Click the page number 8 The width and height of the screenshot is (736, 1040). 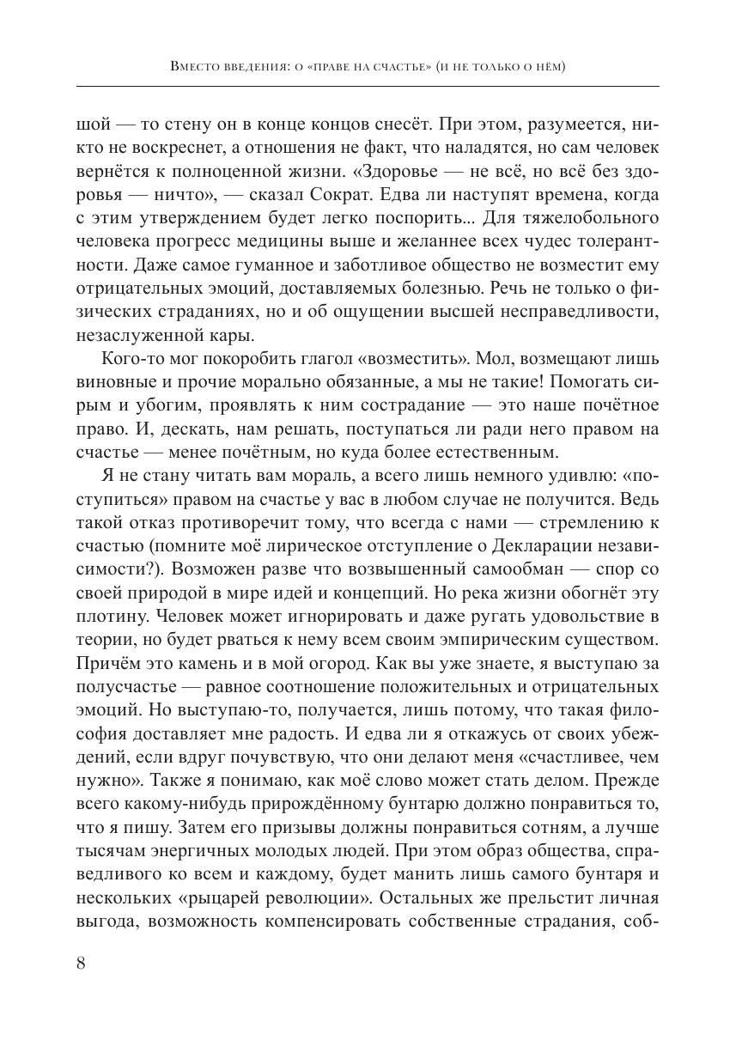[x=81, y=962]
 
